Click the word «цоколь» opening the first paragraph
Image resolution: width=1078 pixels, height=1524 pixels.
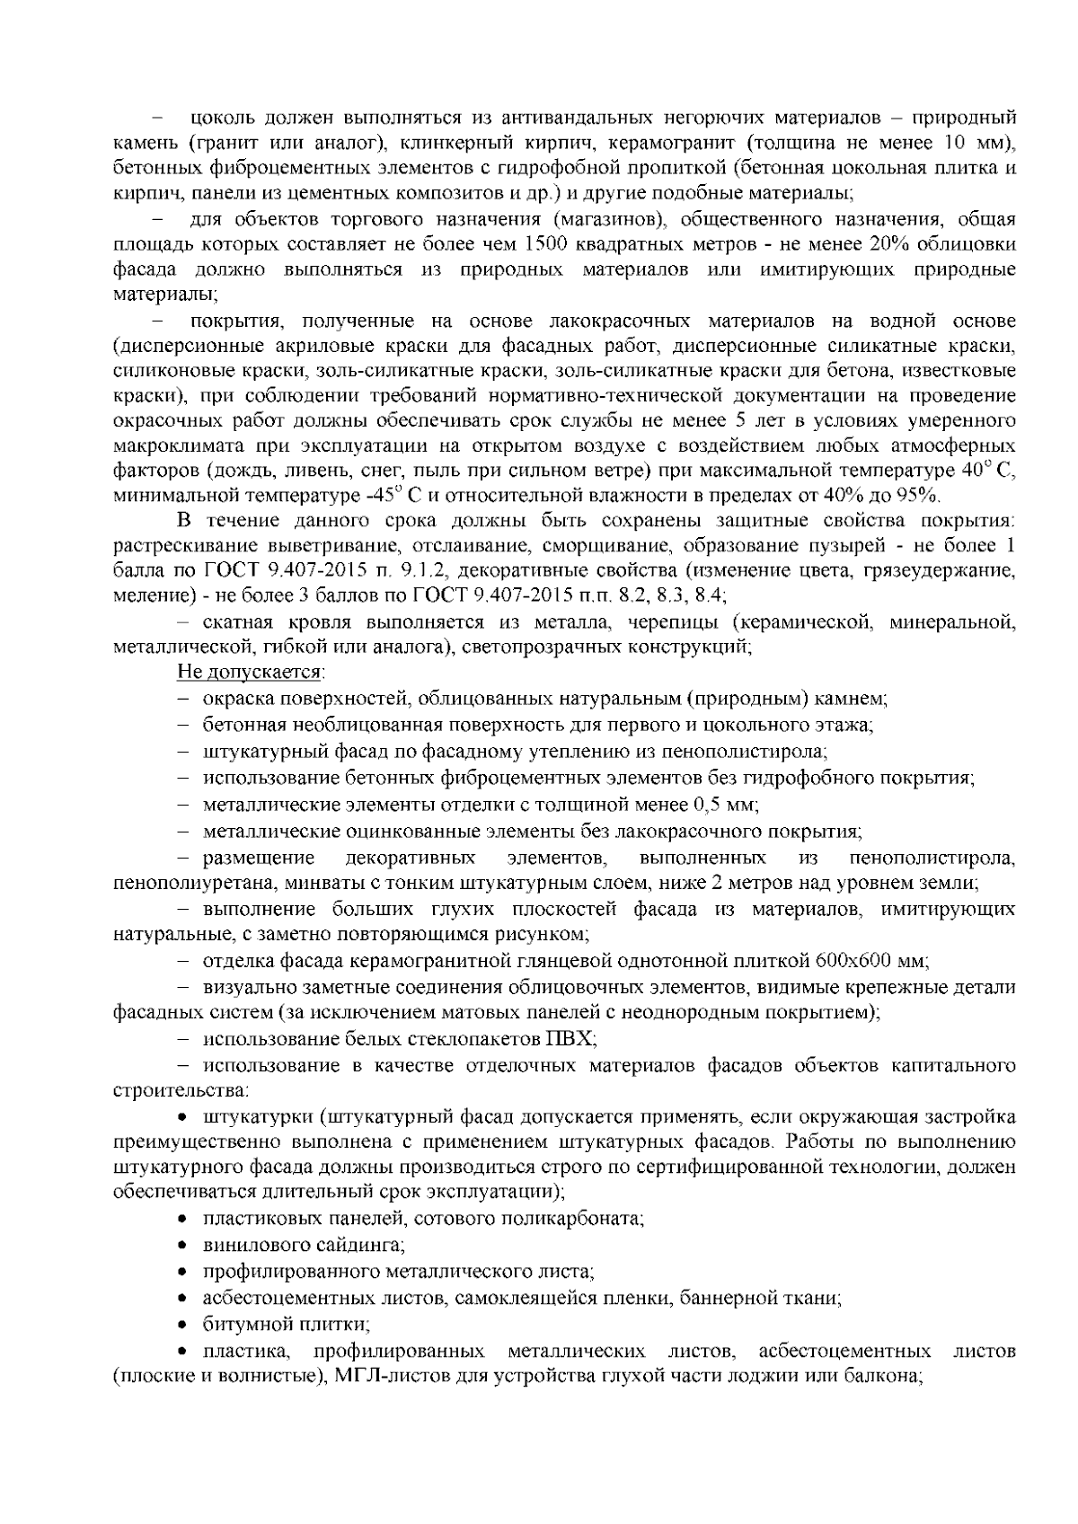(221, 117)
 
